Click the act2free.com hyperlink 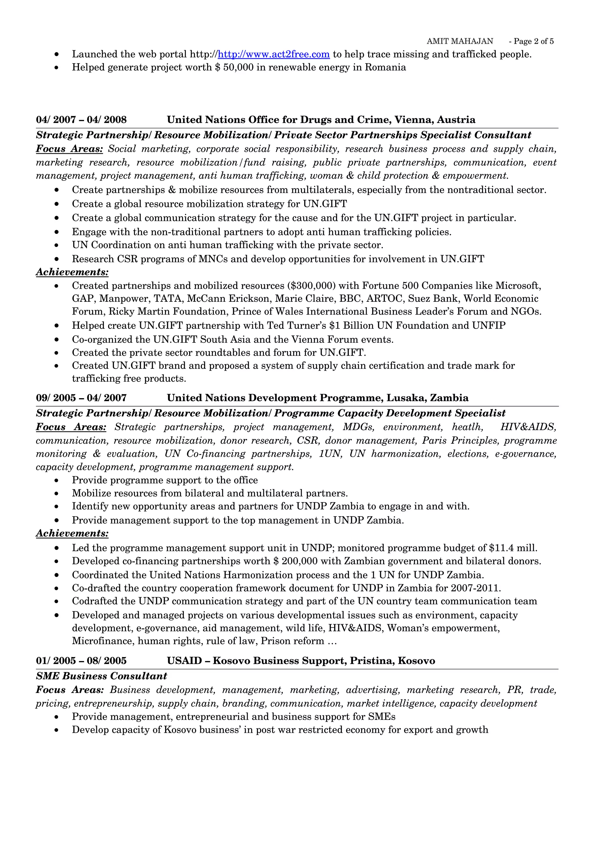[x=274, y=54]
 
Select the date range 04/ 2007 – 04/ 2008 [x=81, y=120]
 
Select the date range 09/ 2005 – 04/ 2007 [x=81, y=398]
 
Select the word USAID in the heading [x=184, y=661]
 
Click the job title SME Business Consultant [x=102, y=676]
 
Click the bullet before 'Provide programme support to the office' [x=56, y=480]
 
